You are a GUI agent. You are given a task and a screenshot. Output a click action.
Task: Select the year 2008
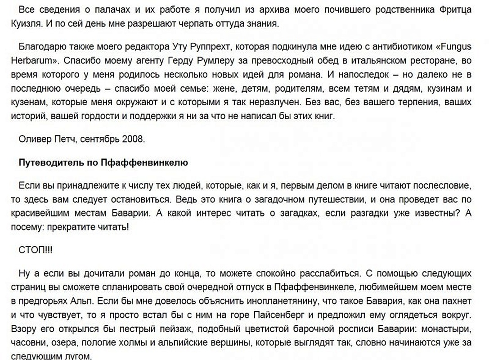[x=133, y=139]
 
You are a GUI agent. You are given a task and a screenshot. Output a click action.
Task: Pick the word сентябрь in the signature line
[x=96, y=139]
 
